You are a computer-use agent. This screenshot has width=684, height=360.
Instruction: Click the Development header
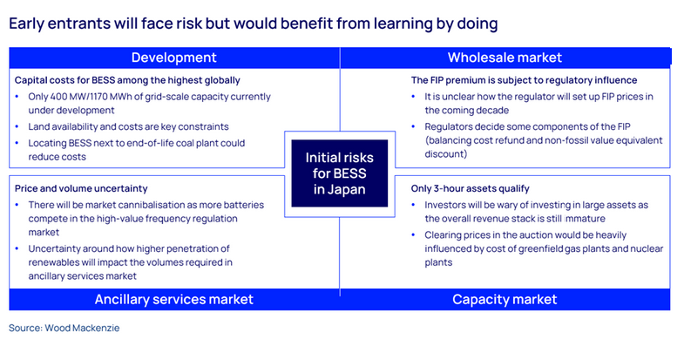click(x=173, y=58)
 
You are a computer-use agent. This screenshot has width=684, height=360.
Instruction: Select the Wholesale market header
click(x=504, y=58)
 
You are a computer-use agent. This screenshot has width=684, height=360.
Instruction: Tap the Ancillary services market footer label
click(x=173, y=299)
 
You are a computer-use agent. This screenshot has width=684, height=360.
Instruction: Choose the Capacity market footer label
click(x=504, y=299)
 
